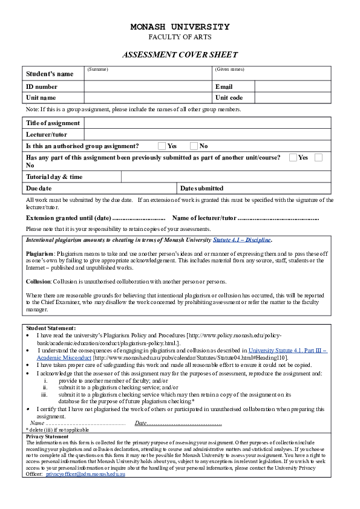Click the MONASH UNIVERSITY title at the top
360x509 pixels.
(x=180, y=27)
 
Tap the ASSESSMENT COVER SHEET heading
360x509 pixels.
(x=180, y=54)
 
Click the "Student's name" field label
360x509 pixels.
(x=50, y=74)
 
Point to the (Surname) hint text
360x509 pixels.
(x=97, y=70)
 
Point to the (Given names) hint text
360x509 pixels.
(x=230, y=70)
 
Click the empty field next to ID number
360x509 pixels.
(x=148, y=86)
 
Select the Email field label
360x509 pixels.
(x=224, y=86)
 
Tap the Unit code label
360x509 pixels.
(x=229, y=97)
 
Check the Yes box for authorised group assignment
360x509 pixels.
(x=162, y=146)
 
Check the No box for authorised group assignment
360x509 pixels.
(x=194, y=146)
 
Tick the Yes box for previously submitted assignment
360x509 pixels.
(x=293, y=157)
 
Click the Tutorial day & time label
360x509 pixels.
(x=54, y=177)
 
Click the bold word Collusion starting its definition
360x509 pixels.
(x=39, y=282)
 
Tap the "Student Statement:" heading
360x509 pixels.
(x=51, y=328)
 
